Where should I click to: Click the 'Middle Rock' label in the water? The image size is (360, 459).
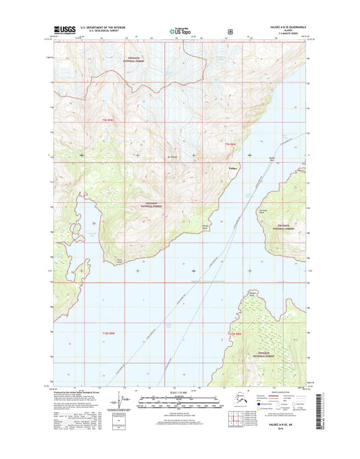[x=272, y=159]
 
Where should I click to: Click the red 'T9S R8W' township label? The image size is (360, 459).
[x=232, y=143]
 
